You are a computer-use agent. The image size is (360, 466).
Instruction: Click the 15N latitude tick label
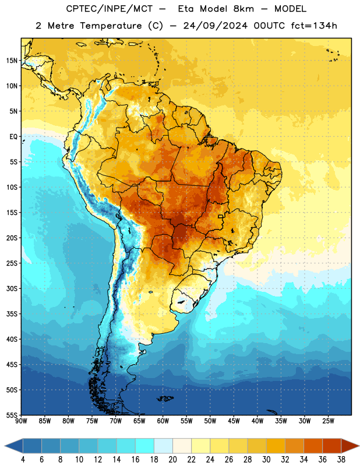12,61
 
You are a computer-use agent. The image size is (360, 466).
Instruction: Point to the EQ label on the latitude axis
13,137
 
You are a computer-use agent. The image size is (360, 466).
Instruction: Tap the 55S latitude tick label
12,415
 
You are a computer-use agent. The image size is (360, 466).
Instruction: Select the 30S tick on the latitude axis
12,288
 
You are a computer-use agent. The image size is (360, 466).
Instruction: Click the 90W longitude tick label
21,421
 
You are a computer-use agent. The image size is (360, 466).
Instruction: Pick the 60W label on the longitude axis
163,421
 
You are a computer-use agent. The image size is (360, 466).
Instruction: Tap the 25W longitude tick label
328,421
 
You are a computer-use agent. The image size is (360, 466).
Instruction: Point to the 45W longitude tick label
234,421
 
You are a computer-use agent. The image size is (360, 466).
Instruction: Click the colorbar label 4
23,460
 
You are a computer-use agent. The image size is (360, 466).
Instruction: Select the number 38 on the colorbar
341,460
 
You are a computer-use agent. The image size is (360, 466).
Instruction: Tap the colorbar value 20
172,460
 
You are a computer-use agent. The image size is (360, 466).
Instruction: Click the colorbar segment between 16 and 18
144,446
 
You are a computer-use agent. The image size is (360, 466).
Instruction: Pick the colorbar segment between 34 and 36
313,446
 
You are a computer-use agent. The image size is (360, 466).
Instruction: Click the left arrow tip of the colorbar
5,446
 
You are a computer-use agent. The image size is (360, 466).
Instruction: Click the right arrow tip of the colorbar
359,446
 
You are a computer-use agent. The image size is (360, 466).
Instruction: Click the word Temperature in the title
111,26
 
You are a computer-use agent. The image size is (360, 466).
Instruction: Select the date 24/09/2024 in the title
215,26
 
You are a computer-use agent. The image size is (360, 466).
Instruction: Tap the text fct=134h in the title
314,26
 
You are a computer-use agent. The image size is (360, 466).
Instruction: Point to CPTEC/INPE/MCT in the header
109,9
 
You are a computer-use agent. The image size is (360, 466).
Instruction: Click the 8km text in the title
243,9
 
